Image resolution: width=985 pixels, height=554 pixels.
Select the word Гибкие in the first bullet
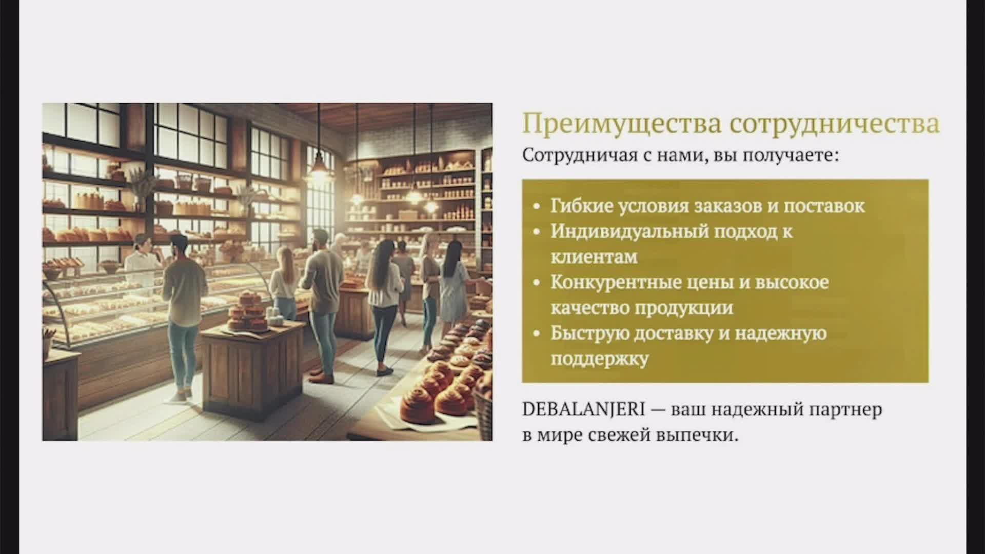(x=581, y=206)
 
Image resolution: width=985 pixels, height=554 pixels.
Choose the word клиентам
(x=594, y=256)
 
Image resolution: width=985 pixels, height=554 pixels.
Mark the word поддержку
(x=599, y=359)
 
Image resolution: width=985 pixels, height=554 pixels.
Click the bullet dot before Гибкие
(x=537, y=207)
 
